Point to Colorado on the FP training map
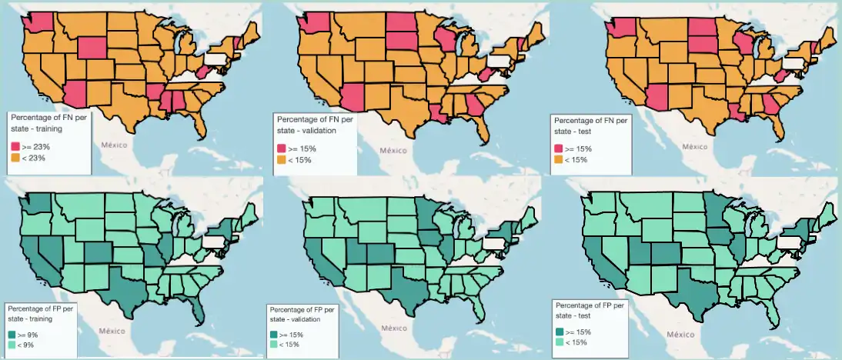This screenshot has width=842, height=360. pyautogui.click(x=99, y=252)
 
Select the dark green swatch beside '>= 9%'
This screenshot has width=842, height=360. pyautogui.click(x=15, y=335)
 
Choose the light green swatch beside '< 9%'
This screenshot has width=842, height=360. pyautogui.click(x=15, y=345)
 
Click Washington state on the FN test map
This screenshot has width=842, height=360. pyautogui.click(x=620, y=28)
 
